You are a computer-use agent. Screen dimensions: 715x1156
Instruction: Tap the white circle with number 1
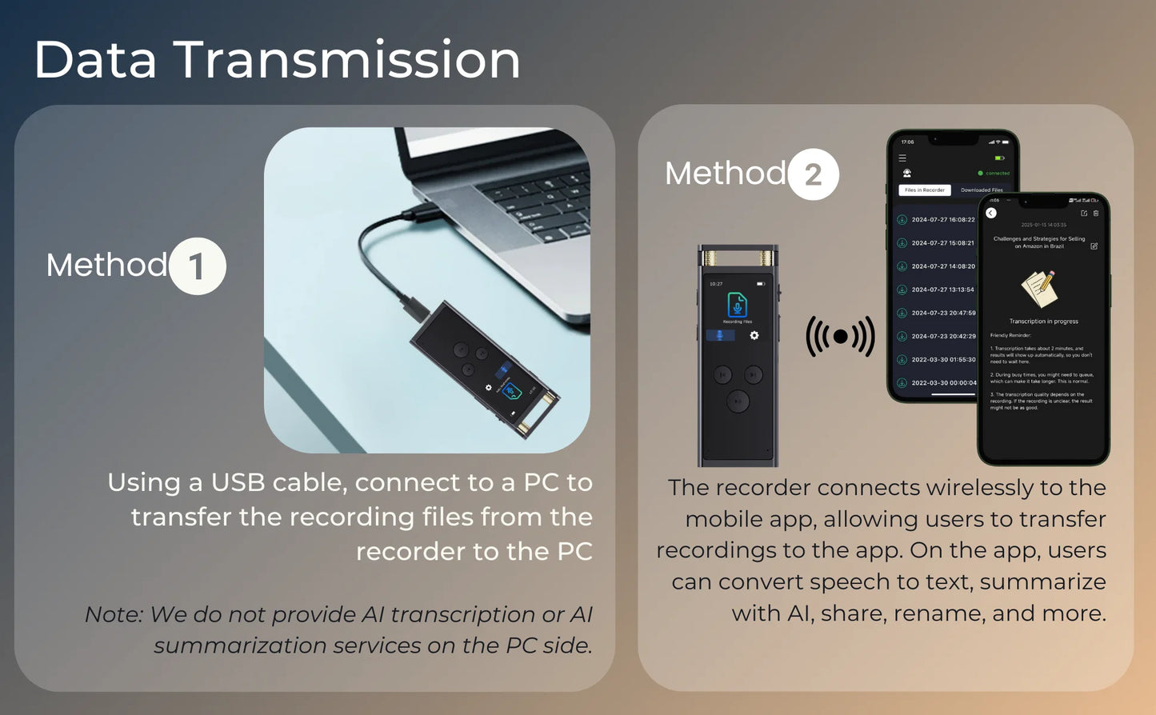pyautogui.click(x=197, y=266)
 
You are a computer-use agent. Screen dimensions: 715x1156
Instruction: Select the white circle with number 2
pyautogui.click(x=813, y=174)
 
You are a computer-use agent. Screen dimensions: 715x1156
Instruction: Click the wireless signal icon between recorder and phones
pyautogui.click(x=840, y=337)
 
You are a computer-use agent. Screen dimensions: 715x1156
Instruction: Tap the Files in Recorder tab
pyautogui.click(x=925, y=190)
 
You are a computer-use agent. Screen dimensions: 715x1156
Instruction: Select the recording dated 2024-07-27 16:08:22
pyautogui.click(x=942, y=220)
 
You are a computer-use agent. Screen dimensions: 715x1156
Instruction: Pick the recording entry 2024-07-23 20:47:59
pyautogui.click(x=942, y=314)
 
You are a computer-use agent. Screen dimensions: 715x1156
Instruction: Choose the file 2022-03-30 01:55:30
pyautogui.click(x=942, y=360)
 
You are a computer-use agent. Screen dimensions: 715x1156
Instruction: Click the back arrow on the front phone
pyautogui.click(x=991, y=214)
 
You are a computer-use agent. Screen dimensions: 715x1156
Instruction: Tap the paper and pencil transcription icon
pyautogui.click(x=1040, y=288)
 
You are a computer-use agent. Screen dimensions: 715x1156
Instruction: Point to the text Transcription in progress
pyautogui.click(x=1043, y=322)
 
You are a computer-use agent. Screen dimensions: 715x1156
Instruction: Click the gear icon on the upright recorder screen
pyautogui.click(x=754, y=336)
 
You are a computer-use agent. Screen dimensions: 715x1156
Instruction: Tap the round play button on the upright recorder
pyautogui.click(x=738, y=401)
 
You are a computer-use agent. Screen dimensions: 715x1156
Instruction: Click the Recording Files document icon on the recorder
pyautogui.click(x=737, y=306)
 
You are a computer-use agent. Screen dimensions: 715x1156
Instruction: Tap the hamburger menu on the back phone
pyautogui.click(x=902, y=158)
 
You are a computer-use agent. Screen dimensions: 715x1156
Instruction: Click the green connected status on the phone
pyautogui.click(x=994, y=174)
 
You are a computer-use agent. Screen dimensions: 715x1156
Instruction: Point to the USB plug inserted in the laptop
pyautogui.click(x=423, y=213)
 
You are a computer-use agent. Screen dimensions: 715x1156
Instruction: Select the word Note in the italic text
pyautogui.click(x=113, y=614)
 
